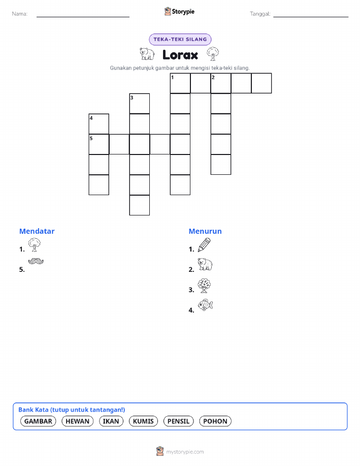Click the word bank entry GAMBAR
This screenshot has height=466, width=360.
[38, 421]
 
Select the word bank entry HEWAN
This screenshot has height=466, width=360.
[77, 421]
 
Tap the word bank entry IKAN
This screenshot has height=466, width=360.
[111, 421]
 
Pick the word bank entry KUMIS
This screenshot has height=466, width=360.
[143, 421]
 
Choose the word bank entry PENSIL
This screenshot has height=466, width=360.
[178, 421]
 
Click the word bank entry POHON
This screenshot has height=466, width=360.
[215, 421]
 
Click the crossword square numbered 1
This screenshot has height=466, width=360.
[180, 83]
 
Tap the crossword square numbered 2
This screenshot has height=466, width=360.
[221, 83]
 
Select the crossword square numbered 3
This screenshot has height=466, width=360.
[140, 104]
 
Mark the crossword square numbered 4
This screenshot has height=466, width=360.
[99, 124]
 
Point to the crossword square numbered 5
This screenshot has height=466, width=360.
[99, 144]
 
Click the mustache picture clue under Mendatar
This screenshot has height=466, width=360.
[36, 261]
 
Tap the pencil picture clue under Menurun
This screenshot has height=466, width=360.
[204, 245]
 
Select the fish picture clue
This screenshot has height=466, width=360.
[206, 305]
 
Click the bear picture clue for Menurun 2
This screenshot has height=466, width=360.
[205, 264]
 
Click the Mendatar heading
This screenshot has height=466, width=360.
[37, 231]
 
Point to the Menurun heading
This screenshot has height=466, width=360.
[205, 231]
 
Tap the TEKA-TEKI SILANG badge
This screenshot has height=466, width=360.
[180, 39]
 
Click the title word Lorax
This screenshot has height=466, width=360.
[180, 55]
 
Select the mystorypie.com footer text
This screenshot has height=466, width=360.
[185, 452]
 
